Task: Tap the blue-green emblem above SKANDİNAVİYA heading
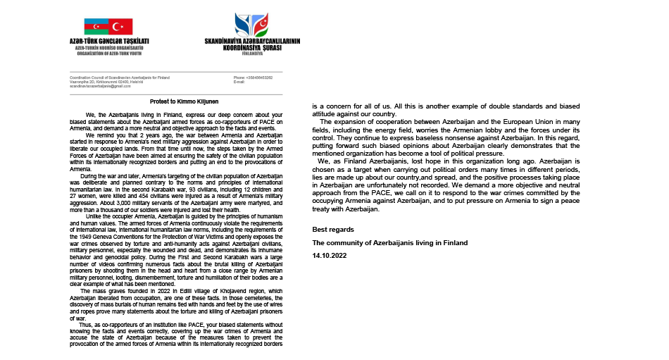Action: (251, 25)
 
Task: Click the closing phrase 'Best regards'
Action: (333, 230)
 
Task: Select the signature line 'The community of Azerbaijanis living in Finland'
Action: (389, 242)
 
